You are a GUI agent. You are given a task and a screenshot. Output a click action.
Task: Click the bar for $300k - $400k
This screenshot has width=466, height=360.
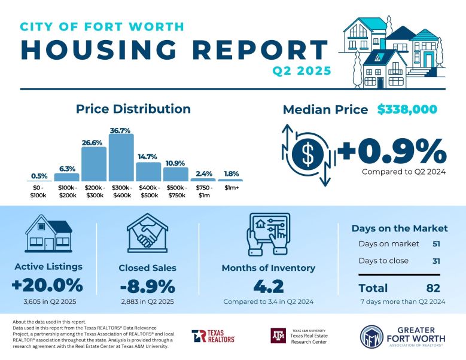pos(121,157)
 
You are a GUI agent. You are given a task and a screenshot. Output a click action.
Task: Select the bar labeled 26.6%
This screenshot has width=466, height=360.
pos(94,164)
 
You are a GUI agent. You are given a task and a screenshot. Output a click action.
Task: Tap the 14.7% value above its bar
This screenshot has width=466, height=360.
pos(147,157)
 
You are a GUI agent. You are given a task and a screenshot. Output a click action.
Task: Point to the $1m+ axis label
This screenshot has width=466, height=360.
pos(232,188)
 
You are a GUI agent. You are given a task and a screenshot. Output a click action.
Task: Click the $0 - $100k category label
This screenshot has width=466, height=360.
pos(38,191)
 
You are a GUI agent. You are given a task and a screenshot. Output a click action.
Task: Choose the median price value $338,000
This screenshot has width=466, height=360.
pos(407,109)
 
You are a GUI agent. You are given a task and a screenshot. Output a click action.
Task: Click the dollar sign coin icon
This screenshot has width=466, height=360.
pos(308,154)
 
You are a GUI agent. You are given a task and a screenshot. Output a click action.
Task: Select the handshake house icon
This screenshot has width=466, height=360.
pos(147,233)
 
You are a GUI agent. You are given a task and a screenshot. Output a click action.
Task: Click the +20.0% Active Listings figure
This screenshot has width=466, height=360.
pos(47,285)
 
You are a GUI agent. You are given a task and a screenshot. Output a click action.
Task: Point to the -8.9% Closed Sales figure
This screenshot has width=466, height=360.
pos(147,286)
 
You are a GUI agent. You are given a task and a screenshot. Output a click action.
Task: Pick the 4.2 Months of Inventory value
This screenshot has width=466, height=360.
pos(269,286)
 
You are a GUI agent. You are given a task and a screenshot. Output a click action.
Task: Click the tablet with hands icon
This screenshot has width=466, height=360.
pos(269,234)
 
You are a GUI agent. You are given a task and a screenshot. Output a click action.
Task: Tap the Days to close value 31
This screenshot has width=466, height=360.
pos(436,261)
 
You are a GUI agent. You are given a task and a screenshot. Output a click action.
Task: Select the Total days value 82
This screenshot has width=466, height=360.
pos(433,288)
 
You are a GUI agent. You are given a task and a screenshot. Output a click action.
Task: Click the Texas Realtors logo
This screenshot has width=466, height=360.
pos(213,336)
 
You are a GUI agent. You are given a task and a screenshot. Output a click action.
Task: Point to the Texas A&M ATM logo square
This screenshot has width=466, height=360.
pos(278,335)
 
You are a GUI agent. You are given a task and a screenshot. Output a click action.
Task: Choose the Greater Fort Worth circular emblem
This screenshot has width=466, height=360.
pos(372,337)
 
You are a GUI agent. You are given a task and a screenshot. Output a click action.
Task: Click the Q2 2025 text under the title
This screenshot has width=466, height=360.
pos(302,71)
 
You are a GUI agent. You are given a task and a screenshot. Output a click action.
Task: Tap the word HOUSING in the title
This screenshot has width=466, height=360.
pos(99,49)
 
